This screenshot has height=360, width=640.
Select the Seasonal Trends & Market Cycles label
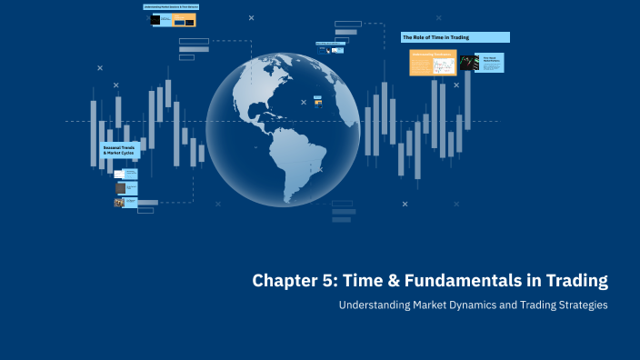(x=118, y=150)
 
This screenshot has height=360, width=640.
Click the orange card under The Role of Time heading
(x=432, y=62)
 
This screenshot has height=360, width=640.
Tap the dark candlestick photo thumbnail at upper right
(x=468, y=62)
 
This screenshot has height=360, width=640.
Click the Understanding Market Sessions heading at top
(x=172, y=6)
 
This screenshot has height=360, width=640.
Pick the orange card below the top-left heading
(x=185, y=20)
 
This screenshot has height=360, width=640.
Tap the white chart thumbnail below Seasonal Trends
(x=120, y=173)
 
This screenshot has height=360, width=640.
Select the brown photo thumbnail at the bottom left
(x=119, y=203)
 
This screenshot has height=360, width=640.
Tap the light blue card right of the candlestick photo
(x=492, y=62)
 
